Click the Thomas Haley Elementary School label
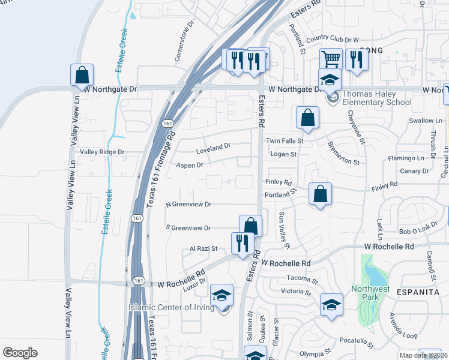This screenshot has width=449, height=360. (x=377, y=98)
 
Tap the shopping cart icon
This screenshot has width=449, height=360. (x=331, y=59)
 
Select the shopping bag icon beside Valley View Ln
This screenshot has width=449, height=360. (x=82, y=75)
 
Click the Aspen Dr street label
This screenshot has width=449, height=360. (x=190, y=164)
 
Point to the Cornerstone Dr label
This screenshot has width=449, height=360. (x=185, y=43)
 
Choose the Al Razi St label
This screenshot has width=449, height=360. (x=203, y=248)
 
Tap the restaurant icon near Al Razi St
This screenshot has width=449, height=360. (x=243, y=243)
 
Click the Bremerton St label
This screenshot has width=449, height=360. (x=343, y=154)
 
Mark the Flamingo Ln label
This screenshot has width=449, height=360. (x=405, y=158)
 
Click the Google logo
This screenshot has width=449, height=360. (x=20, y=352)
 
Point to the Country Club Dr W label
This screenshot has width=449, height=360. (x=332, y=39)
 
